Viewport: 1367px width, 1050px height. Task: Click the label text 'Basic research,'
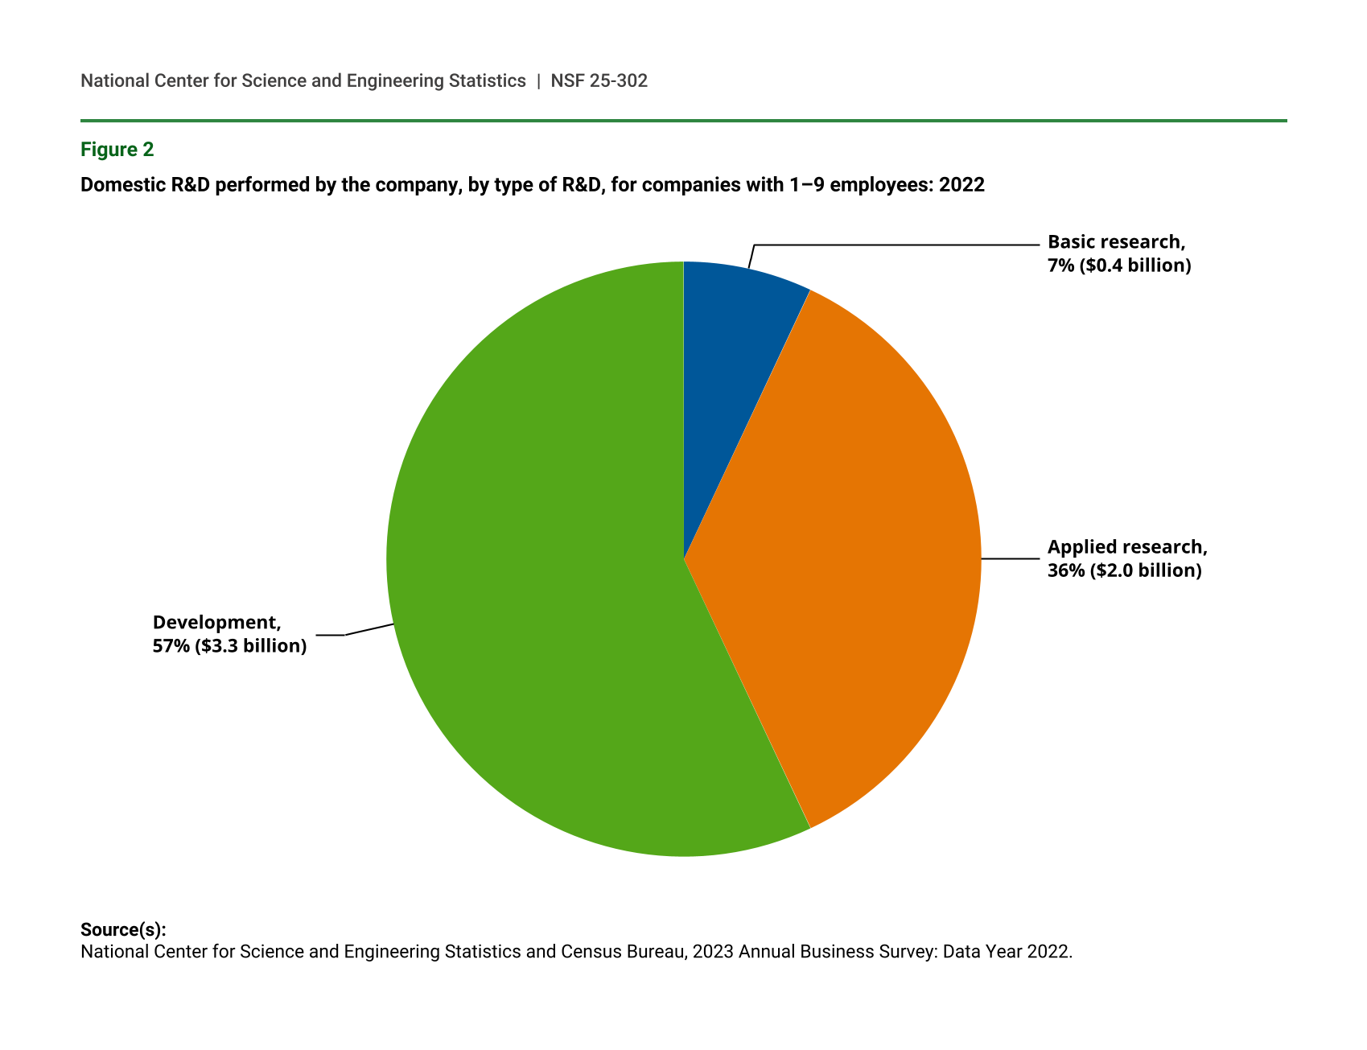pos(1116,242)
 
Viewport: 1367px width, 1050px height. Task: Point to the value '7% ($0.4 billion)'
pos(1119,266)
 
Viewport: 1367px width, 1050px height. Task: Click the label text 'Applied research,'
pos(1127,547)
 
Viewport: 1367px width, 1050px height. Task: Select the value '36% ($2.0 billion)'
pos(1124,570)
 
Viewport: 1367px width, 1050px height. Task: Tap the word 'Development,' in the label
pos(216,622)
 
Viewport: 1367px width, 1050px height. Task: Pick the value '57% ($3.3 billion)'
pos(229,645)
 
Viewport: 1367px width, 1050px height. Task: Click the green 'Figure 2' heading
pos(117,150)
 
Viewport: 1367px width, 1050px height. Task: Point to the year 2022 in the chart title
pos(961,185)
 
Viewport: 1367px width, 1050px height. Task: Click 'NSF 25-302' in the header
pos(599,80)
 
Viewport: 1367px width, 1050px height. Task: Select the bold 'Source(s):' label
pos(123,930)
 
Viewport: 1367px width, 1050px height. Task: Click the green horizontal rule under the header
pos(683,121)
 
